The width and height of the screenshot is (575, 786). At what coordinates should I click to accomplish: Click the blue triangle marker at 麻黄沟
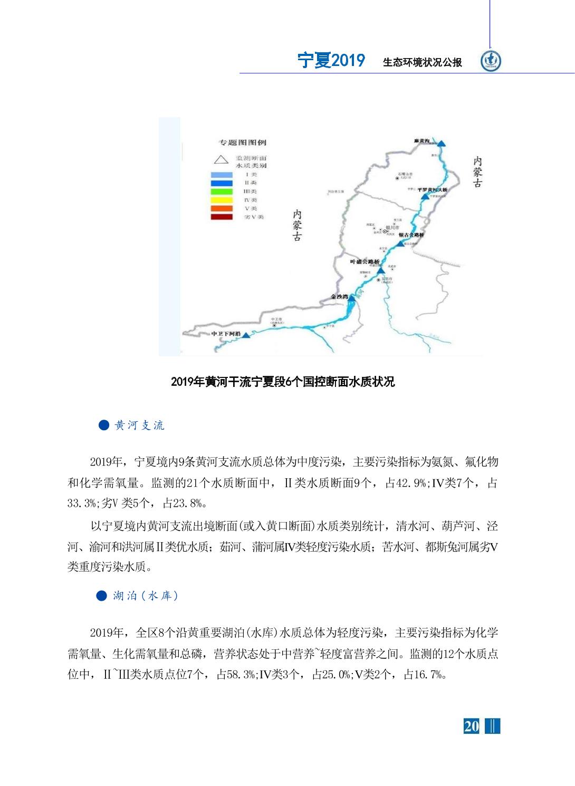tap(441, 143)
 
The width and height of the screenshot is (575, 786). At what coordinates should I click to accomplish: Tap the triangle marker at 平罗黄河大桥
tap(425, 196)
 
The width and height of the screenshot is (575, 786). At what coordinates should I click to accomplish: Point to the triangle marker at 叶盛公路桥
tap(380, 270)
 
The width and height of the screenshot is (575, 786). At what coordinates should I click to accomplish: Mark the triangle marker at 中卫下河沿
tap(246, 335)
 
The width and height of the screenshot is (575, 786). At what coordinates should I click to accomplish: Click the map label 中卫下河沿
tap(226, 334)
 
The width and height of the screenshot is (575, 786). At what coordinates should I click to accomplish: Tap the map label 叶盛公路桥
tap(365, 262)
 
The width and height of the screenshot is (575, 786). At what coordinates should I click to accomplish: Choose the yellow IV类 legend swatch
tap(222, 200)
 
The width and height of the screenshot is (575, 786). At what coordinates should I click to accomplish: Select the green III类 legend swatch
tap(222, 192)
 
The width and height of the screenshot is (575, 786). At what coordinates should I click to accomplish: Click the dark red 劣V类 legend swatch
tap(222, 217)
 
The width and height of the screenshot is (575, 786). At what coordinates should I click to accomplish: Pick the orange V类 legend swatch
tap(222, 209)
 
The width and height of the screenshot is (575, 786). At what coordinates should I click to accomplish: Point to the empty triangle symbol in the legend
tap(221, 158)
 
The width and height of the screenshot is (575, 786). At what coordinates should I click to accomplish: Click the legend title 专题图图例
tap(243, 143)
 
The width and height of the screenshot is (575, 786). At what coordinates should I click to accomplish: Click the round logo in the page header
tap(491, 61)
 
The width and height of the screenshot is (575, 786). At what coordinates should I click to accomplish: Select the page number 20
tap(471, 726)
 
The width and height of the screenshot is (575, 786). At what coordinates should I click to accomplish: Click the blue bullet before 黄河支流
tap(104, 425)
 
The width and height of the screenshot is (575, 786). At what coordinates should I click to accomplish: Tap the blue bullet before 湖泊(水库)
tap(102, 596)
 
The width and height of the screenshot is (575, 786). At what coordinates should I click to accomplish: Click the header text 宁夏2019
tap(331, 61)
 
